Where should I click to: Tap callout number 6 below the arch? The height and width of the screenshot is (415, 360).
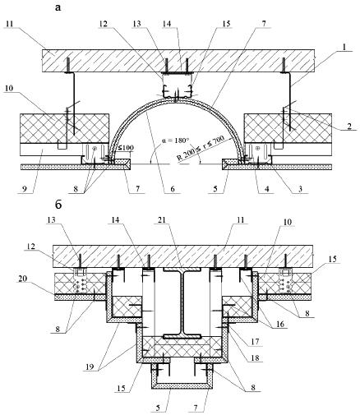(x=173, y=189)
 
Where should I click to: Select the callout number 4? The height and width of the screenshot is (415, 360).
(x=266, y=189)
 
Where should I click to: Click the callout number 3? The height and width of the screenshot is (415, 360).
(x=300, y=189)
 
